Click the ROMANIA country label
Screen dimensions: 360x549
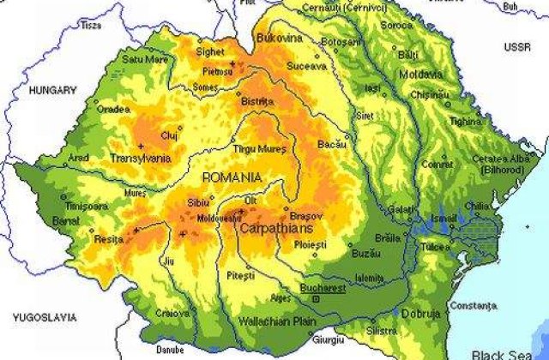click(x=231, y=177)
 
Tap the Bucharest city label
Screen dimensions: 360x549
click(x=327, y=289)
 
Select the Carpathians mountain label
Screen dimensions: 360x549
click(x=275, y=230)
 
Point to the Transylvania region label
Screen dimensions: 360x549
click(x=141, y=159)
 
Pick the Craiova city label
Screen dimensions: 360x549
click(x=172, y=313)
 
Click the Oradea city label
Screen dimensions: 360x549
click(x=113, y=109)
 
